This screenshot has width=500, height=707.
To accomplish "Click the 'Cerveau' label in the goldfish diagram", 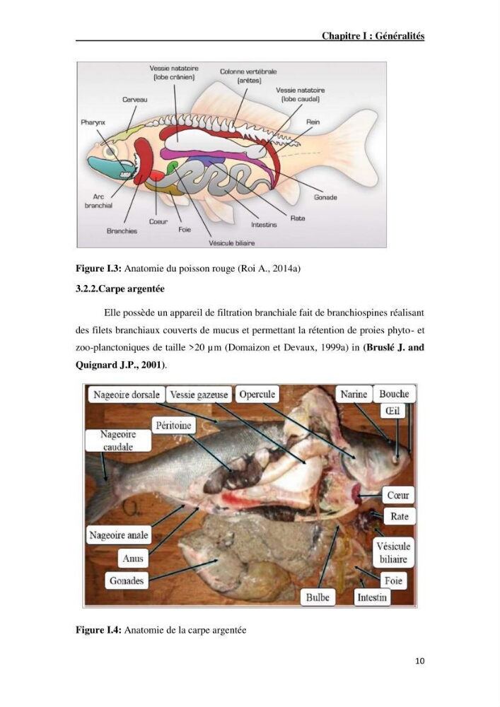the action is click(x=135, y=99).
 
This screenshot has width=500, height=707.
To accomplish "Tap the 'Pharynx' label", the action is click(x=93, y=122).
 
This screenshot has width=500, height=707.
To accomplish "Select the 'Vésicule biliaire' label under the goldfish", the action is click(x=232, y=243).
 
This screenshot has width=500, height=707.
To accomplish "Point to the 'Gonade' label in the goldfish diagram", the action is click(x=325, y=197).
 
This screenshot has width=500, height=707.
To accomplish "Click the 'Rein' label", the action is click(x=313, y=122).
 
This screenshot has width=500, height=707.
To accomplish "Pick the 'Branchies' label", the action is click(x=122, y=231).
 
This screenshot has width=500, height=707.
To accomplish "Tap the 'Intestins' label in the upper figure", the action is click(x=264, y=225).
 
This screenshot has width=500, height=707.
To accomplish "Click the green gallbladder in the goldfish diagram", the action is click(x=171, y=168).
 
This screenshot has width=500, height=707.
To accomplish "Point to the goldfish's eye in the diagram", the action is click(x=109, y=152).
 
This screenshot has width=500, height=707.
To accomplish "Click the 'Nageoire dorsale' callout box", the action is click(x=127, y=395).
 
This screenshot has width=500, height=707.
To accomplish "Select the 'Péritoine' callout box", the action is click(x=173, y=425).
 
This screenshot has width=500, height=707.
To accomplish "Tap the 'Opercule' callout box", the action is click(x=257, y=395).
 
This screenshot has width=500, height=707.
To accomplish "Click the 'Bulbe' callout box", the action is click(x=318, y=597).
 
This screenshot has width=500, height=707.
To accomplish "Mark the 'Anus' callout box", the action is click(x=133, y=559).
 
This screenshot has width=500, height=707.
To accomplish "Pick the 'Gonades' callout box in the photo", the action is click(x=127, y=580).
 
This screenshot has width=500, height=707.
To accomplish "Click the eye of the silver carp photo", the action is click(x=397, y=459).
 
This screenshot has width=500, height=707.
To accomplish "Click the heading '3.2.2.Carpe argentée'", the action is click(x=120, y=288).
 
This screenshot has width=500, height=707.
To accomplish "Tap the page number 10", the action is click(x=420, y=661).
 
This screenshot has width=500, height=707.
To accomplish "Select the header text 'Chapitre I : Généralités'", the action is click(x=373, y=36).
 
